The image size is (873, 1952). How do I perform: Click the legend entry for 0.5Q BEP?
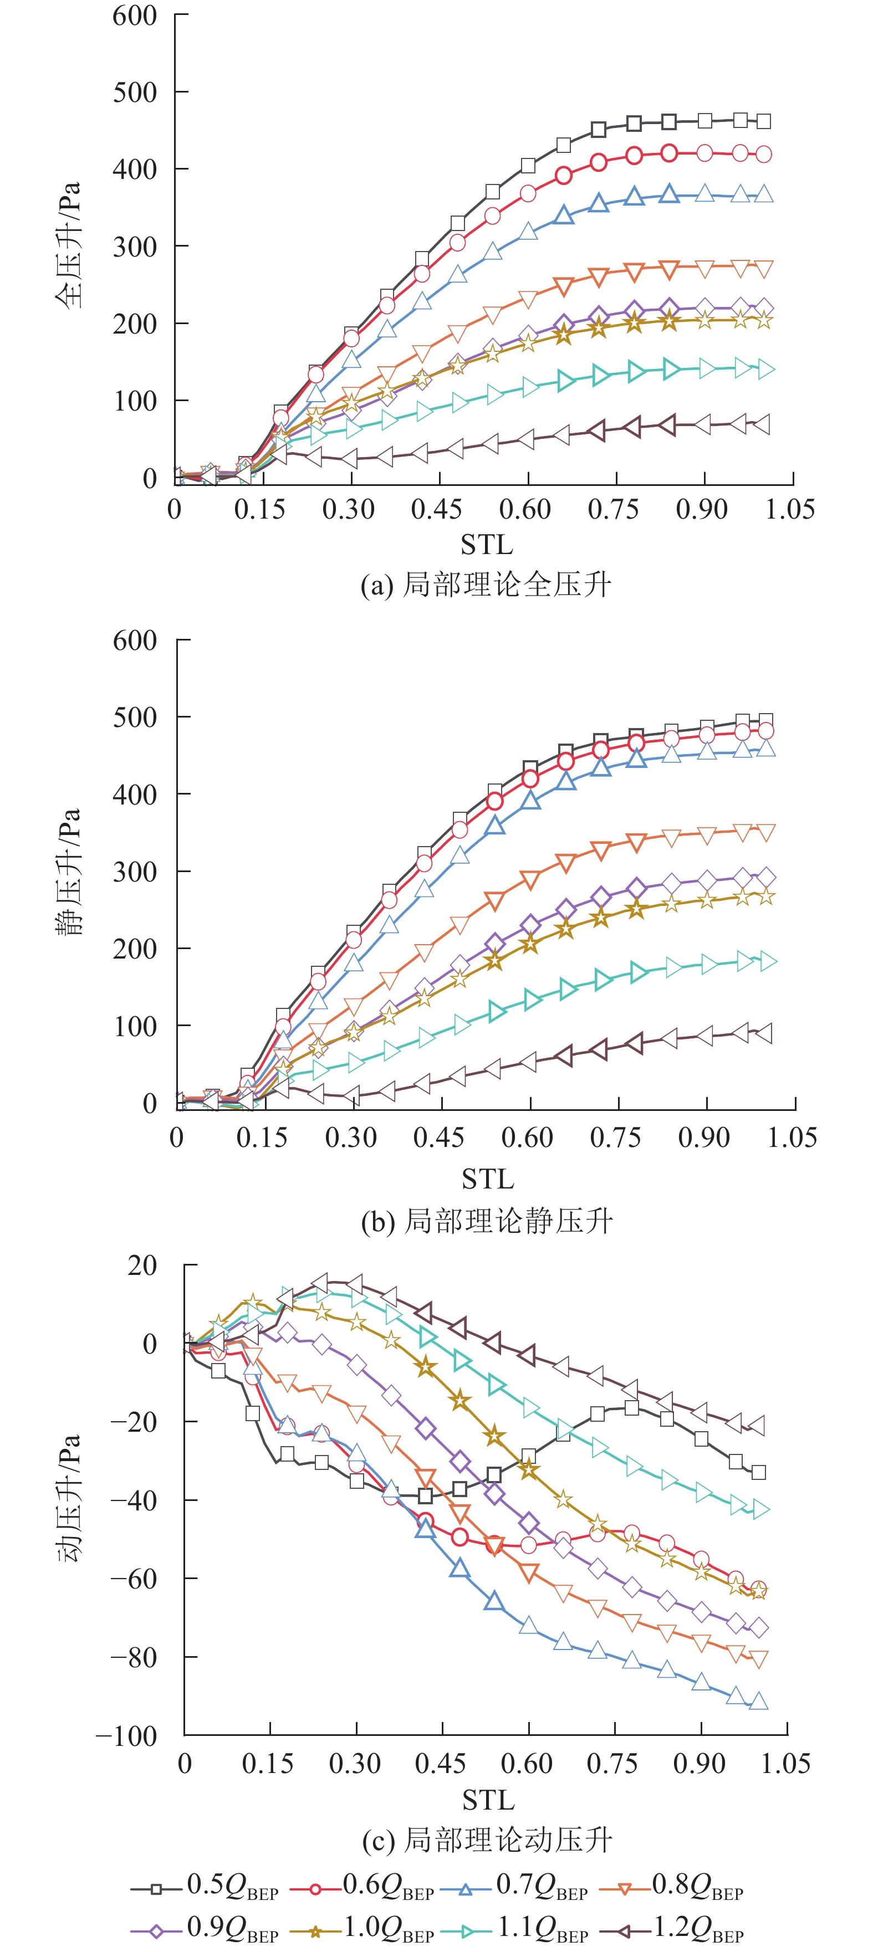click(205, 1889)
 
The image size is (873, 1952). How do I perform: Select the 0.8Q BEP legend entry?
click(671, 1889)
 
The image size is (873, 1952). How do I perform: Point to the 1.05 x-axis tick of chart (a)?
click(790, 509)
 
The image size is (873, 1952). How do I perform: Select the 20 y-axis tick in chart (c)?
click(142, 1266)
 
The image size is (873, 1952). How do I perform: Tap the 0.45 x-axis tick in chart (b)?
click(439, 1136)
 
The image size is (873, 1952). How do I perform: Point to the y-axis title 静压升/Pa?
click(68, 872)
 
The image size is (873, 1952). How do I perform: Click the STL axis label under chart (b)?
click(487, 1179)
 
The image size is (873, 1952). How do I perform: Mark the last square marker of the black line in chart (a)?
click(764, 121)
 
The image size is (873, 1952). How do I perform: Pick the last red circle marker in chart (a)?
click(764, 155)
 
